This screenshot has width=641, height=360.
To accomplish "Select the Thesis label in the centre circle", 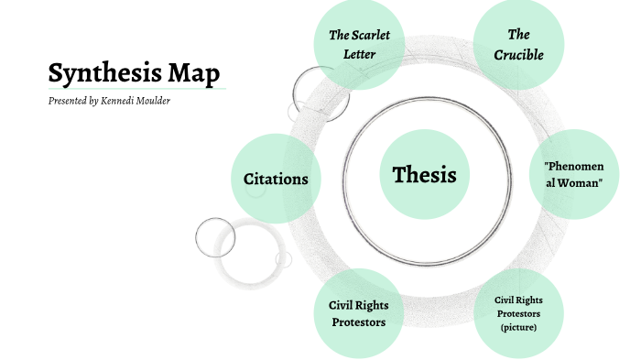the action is coord(424,175).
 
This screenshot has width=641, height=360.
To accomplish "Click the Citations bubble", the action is coord(276,179).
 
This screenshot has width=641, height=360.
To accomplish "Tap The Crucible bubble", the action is coord(518,45).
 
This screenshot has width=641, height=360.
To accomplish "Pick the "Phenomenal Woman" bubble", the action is coord(573,174).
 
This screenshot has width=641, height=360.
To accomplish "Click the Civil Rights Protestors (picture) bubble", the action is coord(518,313).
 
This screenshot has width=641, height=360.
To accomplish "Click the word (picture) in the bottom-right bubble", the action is coord(519,327).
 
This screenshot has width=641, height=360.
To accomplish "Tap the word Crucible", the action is coord(518,55).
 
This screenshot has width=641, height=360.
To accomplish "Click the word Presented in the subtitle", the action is coord(69,101).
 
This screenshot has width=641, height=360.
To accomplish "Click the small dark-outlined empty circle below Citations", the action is coord(215,237).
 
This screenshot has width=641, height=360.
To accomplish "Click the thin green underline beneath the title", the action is coord(137,89).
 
